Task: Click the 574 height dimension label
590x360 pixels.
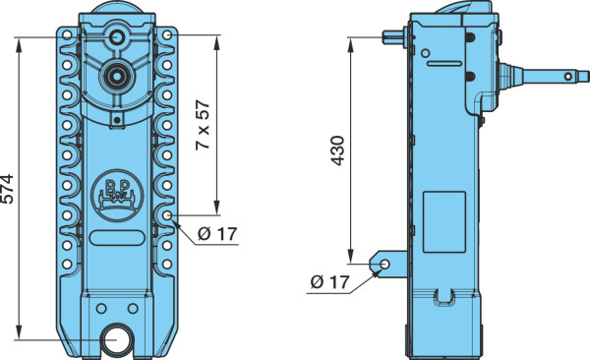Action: [x=8, y=189]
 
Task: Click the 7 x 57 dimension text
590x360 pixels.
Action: [x=203, y=125]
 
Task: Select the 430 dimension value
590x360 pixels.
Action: [x=337, y=150]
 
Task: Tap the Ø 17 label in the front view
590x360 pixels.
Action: [x=217, y=234]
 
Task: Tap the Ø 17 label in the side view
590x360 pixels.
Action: [x=330, y=281]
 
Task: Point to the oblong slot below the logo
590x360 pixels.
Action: [x=117, y=238]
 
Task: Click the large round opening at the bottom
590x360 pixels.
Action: [x=117, y=339]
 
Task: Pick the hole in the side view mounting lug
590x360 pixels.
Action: [x=384, y=264]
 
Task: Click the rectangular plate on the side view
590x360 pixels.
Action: [x=444, y=221]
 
